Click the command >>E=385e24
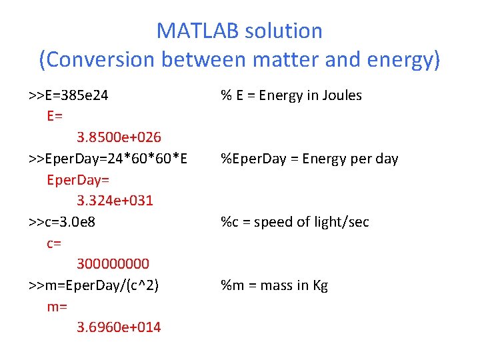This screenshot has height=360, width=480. (69, 95)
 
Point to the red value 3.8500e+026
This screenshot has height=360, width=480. (119, 137)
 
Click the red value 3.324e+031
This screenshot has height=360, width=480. (115, 201)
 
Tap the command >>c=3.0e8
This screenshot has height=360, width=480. (62, 222)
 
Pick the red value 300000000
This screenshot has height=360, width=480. (113, 264)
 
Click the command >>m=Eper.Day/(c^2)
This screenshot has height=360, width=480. (93, 285)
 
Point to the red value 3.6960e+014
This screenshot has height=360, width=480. (119, 327)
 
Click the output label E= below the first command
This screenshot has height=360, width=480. (55, 116)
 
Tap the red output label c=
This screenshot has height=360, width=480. (54, 243)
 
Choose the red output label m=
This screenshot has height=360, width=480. (57, 306)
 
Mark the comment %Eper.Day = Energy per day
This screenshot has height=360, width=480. (309, 159)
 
